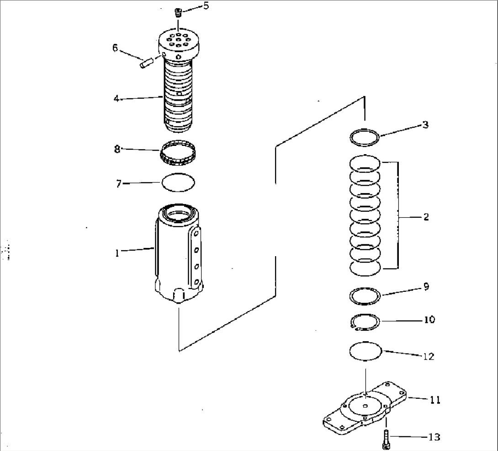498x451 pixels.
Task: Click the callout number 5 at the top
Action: [206, 6]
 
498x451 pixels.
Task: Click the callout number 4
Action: [117, 99]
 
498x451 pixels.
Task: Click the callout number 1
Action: [117, 253]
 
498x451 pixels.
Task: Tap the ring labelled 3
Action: [365, 129]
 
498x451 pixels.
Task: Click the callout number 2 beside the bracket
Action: [426, 217]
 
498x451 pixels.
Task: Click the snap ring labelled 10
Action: [365, 314]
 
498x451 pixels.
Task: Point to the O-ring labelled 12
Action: [365, 343]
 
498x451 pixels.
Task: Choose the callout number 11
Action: [435, 400]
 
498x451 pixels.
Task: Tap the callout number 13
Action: [434, 437]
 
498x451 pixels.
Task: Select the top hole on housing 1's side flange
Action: [196, 234]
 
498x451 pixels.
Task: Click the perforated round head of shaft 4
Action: [179, 44]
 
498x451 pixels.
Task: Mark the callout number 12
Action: [429, 356]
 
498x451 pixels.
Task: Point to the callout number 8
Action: [117, 149]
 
